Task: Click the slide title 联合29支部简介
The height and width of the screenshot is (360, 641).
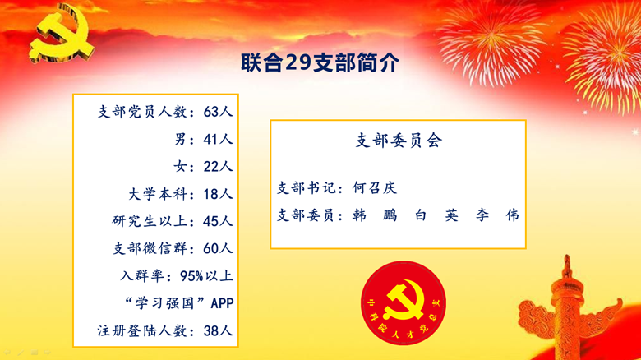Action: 320,62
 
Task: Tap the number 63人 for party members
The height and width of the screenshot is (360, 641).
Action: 219,112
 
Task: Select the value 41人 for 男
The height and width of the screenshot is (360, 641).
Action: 219,139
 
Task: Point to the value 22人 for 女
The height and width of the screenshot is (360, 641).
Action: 219,167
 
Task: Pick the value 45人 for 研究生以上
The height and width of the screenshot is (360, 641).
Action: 219,221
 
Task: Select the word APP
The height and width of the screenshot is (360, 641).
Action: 222,303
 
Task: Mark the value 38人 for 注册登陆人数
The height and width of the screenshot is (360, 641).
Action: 219,330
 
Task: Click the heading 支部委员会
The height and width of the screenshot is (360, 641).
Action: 399,141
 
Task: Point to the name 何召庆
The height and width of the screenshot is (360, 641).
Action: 375,188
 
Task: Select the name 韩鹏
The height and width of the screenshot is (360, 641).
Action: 375,215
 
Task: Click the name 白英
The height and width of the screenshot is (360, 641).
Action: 436,215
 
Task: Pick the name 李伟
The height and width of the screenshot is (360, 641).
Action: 497,215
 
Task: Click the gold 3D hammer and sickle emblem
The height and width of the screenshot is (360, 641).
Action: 61,34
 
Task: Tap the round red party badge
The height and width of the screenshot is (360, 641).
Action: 403,303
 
